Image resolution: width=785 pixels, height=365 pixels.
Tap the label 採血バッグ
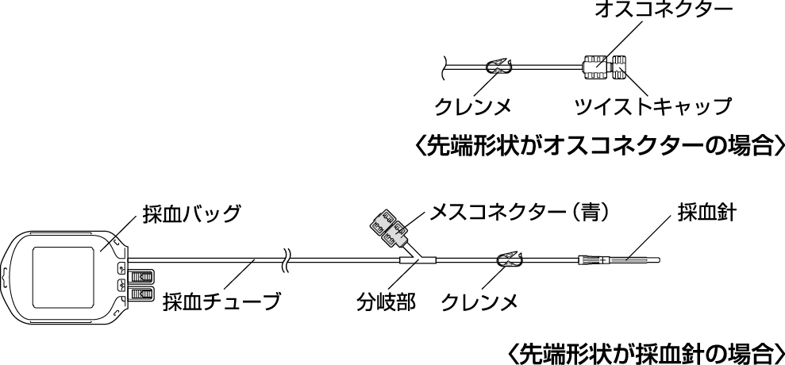(190, 214)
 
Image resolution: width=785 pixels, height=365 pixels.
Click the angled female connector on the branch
(387, 229)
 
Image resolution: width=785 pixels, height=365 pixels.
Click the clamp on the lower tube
(509, 259)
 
